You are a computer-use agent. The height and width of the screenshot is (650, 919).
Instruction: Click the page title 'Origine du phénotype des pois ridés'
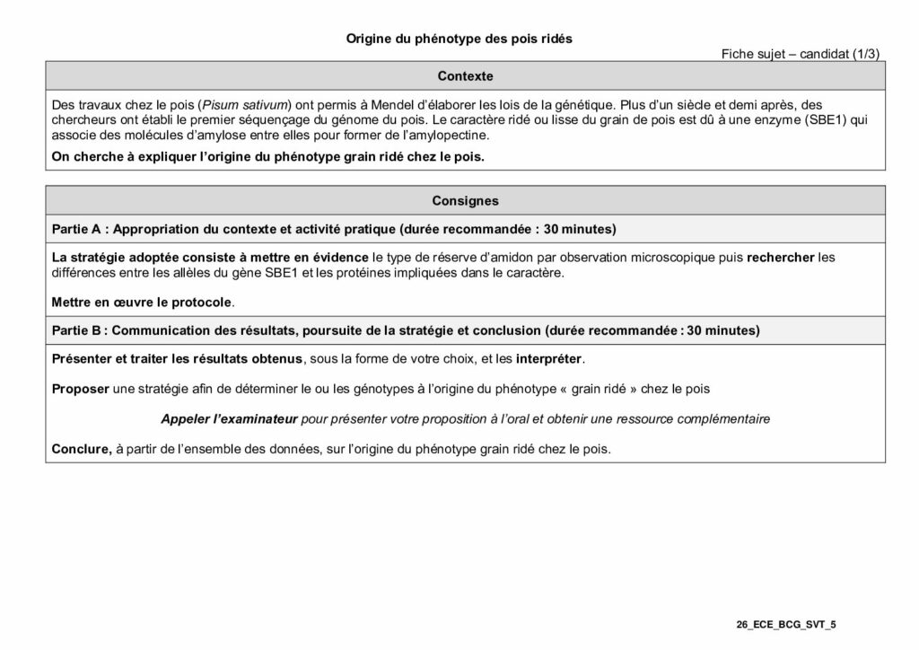[459, 39]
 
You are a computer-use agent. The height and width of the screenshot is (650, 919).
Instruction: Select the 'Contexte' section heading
[465, 76]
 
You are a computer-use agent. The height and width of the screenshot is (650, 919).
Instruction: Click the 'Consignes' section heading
[465, 201]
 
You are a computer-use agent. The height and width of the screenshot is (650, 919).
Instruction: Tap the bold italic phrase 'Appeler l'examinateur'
[229, 418]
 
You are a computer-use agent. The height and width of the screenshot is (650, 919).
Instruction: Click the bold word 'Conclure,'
[82, 449]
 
